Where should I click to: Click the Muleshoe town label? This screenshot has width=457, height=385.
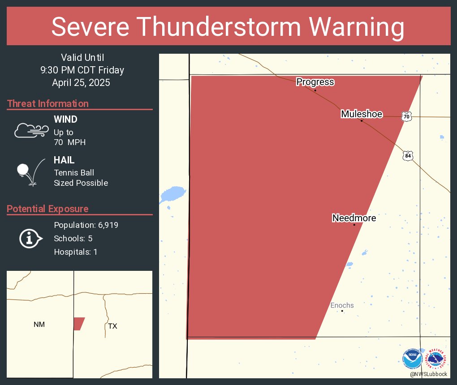362,114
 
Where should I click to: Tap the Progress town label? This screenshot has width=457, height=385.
315,82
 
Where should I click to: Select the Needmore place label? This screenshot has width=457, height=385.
354,218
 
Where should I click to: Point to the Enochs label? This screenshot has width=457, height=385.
342,305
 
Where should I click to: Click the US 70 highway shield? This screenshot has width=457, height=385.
406,116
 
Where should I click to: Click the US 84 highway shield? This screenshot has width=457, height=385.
407,156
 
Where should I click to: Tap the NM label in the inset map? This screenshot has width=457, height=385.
39,324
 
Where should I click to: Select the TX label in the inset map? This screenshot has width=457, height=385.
112,326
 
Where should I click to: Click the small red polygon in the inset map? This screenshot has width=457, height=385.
78,324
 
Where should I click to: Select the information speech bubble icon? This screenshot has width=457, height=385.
30,238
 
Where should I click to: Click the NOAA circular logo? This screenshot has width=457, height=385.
412,359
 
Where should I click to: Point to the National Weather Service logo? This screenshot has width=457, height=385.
436,359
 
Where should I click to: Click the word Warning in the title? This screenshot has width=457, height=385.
348,27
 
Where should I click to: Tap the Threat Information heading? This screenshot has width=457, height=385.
48,103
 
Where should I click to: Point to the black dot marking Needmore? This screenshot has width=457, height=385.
354,225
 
